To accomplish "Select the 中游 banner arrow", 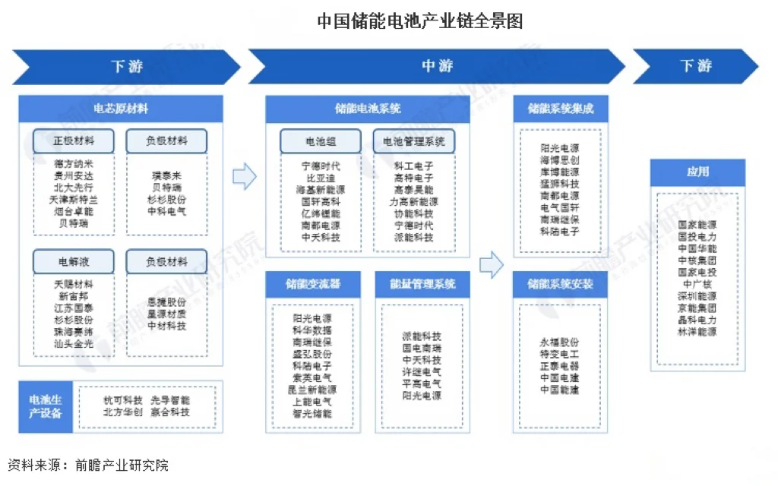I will tap(436, 66).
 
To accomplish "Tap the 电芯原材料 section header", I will tap(121, 109).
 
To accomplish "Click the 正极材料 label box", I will tap(73, 140).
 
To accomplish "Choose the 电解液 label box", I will tap(73, 262).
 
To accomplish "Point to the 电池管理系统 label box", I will tap(413, 141).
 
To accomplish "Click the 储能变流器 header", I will tap(313, 284).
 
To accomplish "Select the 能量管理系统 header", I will tap(422, 284).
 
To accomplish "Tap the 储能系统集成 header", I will tap(561, 109).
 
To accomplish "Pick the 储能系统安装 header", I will tap(561, 284).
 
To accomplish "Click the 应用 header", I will tap(697, 172).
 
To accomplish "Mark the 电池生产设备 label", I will tap(46, 406).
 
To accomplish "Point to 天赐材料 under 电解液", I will tap(73, 284).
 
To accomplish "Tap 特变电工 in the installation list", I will tap(559, 354).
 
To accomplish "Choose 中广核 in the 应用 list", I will tap(697, 284).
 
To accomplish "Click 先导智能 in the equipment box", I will tap(170, 400).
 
